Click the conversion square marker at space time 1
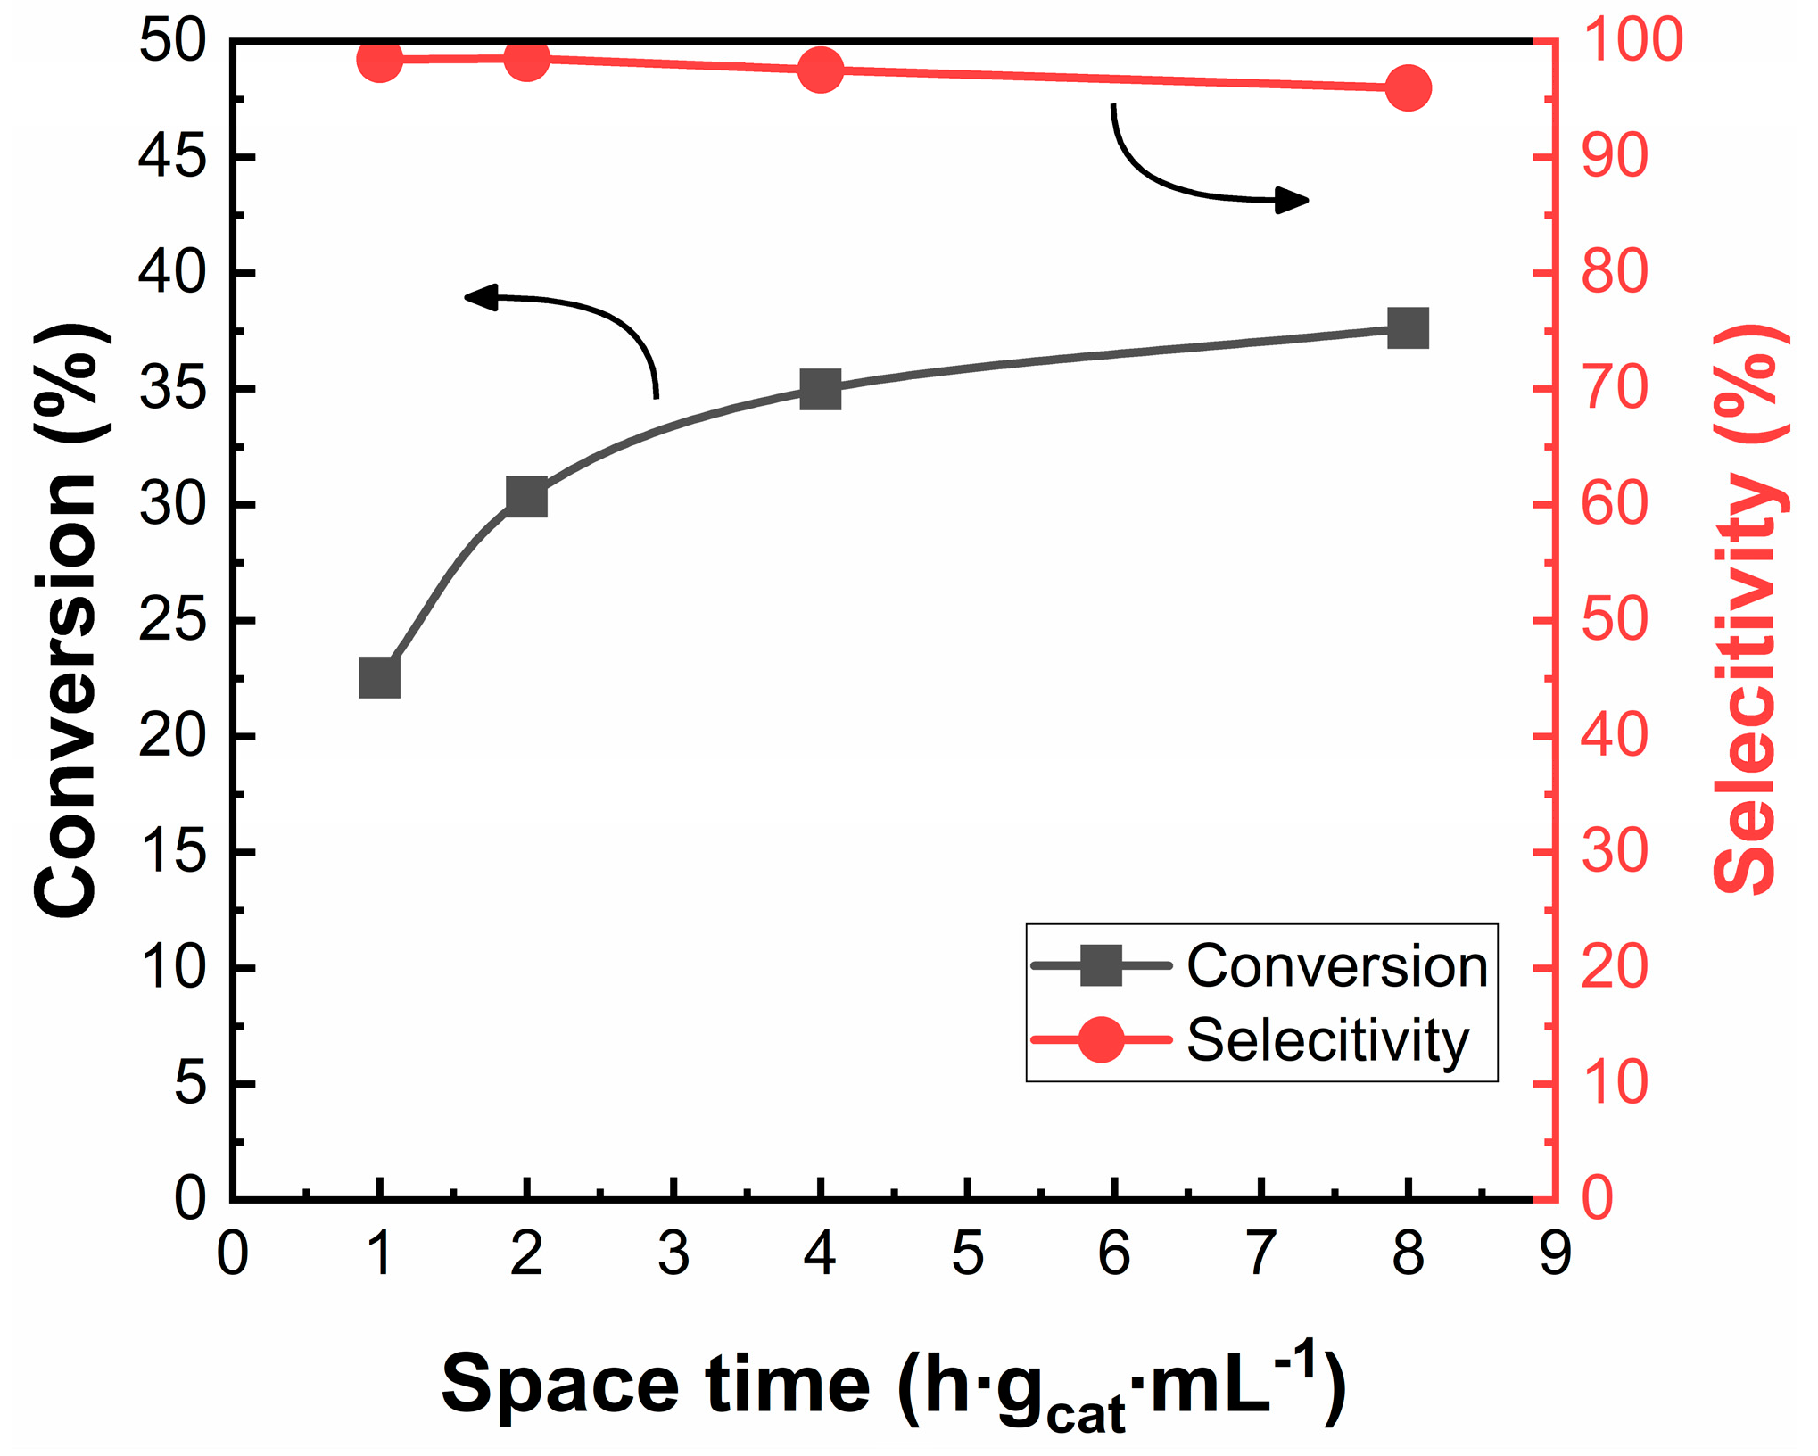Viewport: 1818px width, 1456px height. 379,678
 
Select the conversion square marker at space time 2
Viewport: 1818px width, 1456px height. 526,496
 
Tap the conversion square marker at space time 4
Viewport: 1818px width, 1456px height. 820,390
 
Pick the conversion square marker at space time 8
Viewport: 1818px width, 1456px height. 1408,328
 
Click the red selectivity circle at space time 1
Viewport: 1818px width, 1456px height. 379,61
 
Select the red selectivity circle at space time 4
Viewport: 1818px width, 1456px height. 820,70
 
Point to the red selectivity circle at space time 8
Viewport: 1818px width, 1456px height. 1408,88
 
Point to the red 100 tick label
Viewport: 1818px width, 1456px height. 1632,41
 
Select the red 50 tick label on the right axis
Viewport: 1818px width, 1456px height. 1614,621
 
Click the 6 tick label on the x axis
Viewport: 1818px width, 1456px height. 1114,1253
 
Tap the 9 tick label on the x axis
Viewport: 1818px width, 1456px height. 1554,1253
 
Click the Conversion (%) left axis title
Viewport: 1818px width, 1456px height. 67,620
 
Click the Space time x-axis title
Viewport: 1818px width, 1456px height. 892,1385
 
